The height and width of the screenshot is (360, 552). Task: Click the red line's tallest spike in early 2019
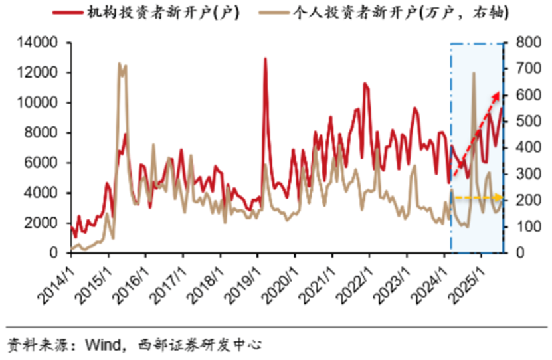(266, 58)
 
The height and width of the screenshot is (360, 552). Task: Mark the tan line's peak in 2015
(120, 64)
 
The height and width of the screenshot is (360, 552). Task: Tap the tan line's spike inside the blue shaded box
(474, 73)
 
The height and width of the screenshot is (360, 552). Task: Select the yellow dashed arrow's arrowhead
(500, 197)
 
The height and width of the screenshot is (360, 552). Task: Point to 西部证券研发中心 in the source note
(199, 345)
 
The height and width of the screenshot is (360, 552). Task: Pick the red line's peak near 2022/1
(365, 84)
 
